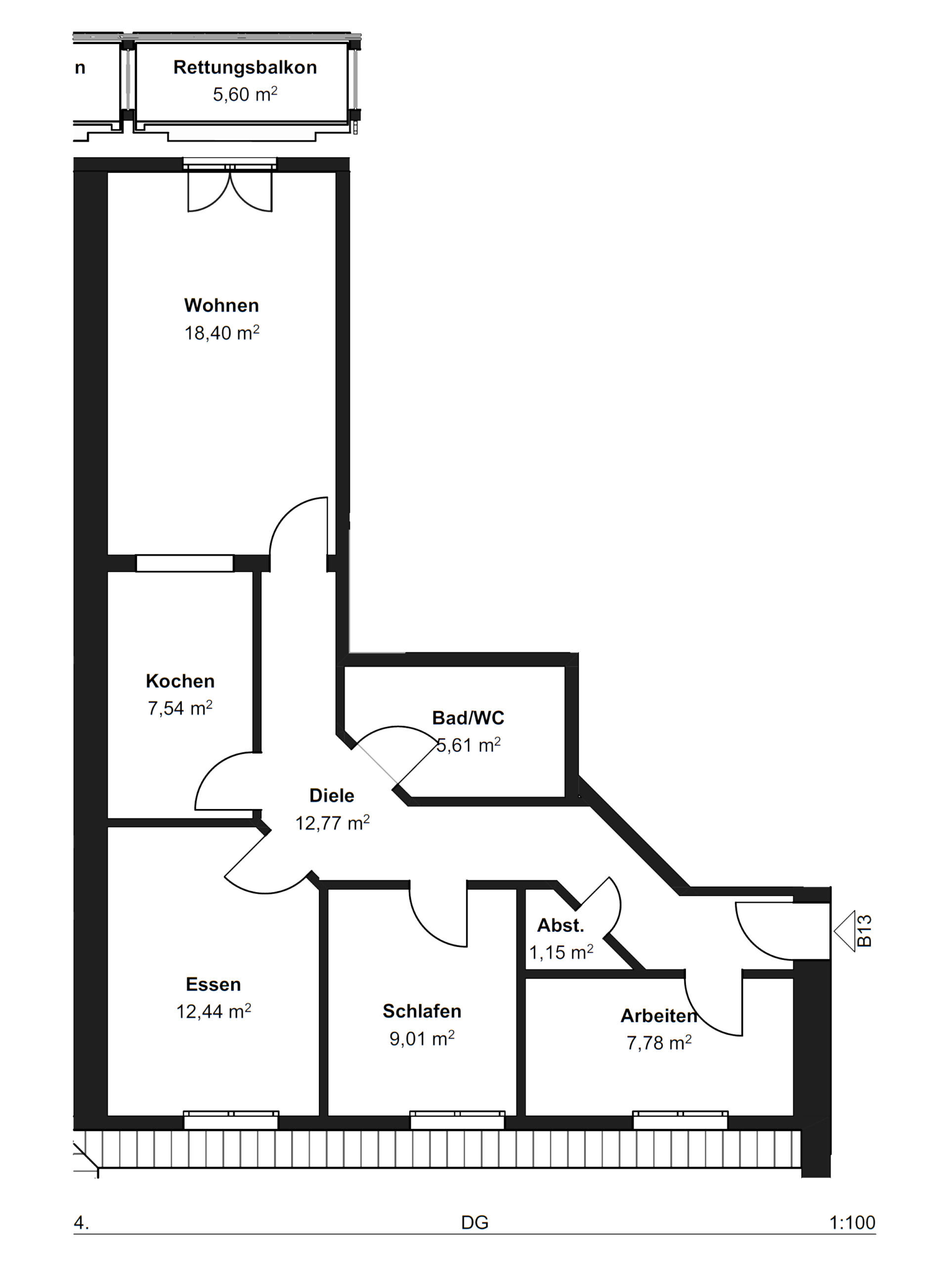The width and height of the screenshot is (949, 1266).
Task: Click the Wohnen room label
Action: coord(221,305)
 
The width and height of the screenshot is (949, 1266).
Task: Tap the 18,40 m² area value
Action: coord(221,332)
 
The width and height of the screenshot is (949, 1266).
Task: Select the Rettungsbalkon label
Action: coord(245,68)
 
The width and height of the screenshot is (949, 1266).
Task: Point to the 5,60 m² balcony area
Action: coord(245,94)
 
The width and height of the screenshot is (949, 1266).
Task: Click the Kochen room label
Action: coord(180,680)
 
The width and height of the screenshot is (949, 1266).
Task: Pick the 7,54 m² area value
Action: coord(180,708)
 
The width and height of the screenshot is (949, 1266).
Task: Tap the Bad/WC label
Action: coord(468,718)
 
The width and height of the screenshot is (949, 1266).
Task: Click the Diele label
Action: coord(332,795)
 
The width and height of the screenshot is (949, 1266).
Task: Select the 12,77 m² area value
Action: coord(332,822)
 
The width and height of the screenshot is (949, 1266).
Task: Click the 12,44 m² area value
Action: coord(214,1011)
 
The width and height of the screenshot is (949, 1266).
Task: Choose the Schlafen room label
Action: coord(422,1011)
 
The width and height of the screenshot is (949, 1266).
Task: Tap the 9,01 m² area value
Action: coord(422,1038)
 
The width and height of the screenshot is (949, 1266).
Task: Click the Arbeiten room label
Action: coord(659,1015)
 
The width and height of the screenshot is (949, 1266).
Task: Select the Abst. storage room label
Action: coord(560,925)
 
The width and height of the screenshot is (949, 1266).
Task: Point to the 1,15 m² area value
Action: coord(561,952)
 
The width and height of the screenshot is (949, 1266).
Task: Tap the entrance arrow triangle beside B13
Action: coord(844,931)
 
